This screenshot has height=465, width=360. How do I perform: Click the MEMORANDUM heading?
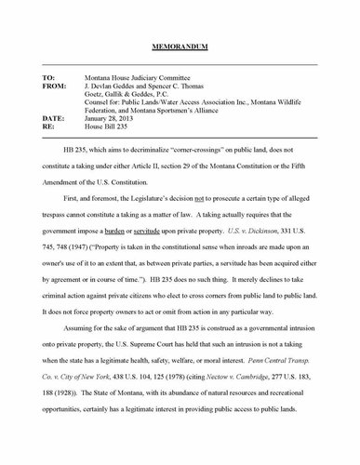click(x=180, y=46)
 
